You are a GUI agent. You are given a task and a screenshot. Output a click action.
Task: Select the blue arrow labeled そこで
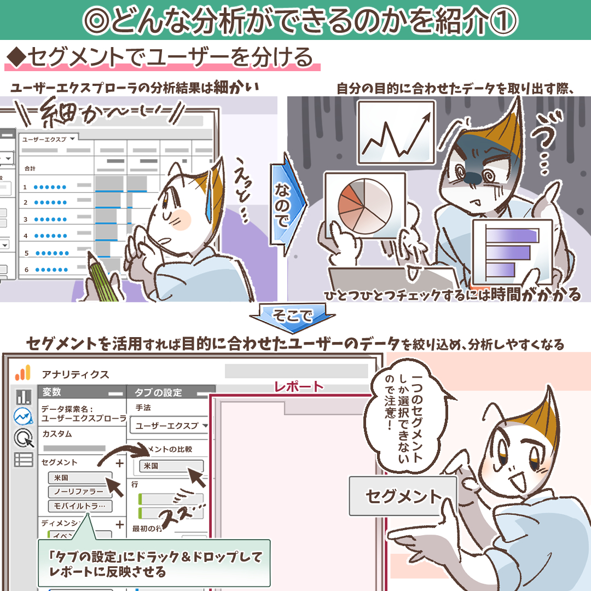click(292, 317)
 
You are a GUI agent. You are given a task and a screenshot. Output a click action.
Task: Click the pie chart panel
click(365, 206)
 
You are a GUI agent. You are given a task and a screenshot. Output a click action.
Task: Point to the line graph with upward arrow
click(396, 132)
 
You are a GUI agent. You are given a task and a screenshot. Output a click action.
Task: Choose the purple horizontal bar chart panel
click(513, 251)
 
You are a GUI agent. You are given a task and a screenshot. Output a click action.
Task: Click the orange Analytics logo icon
click(22, 373)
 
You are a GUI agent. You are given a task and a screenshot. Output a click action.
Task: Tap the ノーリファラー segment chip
click(80, 491)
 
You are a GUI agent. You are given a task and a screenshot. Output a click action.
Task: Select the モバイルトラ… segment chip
click(80, 506)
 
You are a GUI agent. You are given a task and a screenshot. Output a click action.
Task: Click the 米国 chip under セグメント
click(80, 478)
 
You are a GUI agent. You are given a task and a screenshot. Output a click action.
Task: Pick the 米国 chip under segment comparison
click(171, 466)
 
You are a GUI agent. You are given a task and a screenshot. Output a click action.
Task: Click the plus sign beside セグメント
click(119, 463)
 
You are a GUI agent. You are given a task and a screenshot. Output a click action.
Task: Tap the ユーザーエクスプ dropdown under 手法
click(170, 426)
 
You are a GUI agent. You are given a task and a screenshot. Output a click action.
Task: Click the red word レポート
click(299, 386)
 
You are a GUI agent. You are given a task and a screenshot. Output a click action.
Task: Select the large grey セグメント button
click(403, 496)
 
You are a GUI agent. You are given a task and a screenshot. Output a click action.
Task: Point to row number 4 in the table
click(26, 236)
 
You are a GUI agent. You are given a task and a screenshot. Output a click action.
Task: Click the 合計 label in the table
click(30, 169)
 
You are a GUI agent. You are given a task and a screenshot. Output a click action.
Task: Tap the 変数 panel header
click(82, 392)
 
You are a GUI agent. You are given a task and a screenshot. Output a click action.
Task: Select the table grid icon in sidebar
click(24, 460)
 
